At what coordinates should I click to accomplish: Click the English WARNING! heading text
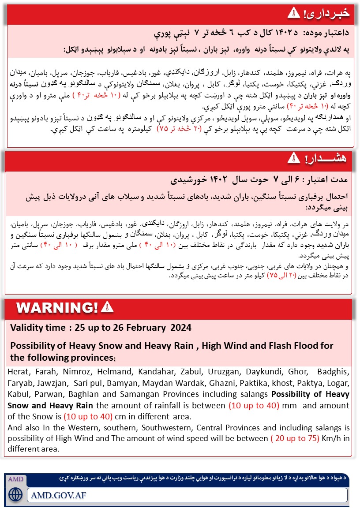click(57, 307)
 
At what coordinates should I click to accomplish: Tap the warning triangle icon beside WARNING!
click(107, 307)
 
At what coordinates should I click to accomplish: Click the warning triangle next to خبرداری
click(293, 13)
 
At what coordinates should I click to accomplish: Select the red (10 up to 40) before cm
click(88, 417)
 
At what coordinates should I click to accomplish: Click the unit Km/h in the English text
click(338, 438)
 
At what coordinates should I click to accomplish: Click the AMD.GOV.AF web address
click(59, 495)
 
